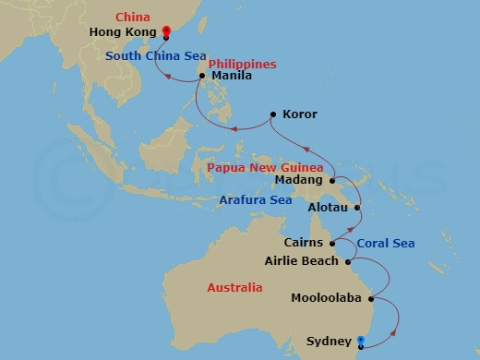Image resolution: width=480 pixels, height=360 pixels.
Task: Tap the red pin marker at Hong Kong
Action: click(165, 31)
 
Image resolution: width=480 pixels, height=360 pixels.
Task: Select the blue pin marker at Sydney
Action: click(361, 342)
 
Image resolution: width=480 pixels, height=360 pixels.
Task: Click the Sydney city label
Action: click(329, 342)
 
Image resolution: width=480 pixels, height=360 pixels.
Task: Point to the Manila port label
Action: click(233, 76)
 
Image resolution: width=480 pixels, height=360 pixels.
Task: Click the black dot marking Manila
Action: click(201, 76)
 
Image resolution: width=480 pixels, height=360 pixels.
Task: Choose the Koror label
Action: click(299, 114)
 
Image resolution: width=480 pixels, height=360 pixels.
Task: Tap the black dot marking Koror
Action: click(272, 114)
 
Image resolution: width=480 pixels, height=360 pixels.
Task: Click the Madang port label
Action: click(304, 180)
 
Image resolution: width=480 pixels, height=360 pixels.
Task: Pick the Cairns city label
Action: click(304, 243)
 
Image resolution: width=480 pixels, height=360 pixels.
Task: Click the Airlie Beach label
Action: click(304, 261)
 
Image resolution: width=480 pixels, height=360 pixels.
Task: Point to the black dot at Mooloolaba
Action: click(370, 299)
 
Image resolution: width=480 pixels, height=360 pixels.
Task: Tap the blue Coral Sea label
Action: click(385, 244)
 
